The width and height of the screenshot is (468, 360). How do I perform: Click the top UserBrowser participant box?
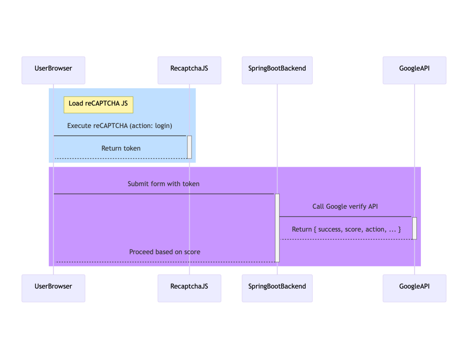pyautogui.click(x=53, y=70)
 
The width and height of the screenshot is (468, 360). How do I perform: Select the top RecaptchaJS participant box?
pyautogui.click(x=190, y=70)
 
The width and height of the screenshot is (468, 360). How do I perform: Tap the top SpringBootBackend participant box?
pyautogui.click(x=277, y=70)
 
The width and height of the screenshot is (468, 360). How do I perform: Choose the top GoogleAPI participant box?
pyautogui.click(x=415, y=70)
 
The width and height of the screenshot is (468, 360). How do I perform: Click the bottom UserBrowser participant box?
pyautogui.click(x=53, y=288)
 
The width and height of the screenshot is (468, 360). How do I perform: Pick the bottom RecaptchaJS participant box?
pyautogui.click(x=190, y=288)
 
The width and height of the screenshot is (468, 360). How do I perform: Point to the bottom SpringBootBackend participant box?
pyautogui.click(x=277, y=288)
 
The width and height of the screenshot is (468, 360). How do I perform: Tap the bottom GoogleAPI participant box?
pyautogui.click(x=415, y=288)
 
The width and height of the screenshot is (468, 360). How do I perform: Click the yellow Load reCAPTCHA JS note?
pyautogui.click(x=99, y=105)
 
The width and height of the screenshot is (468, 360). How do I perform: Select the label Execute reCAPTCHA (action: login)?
pyautogui.click(x=120, y=126)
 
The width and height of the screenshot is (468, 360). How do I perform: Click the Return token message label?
pyautogui.click(x=121, y=148)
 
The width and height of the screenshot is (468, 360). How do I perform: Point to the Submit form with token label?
pyautogui.click(x=164, y=184)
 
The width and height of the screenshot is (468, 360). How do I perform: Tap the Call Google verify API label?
pyautogui.click(x=345, y=206)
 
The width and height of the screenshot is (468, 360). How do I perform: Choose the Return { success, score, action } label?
pyautogui.click(x=346, y=229)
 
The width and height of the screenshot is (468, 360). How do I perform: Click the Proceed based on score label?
pyautogui.click(x=165, y=252)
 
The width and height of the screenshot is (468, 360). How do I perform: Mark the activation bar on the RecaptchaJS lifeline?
pyautogui.click(x=190, y=147)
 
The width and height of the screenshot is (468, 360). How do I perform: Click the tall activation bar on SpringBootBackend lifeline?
pyautogui.click(x=277, y=228)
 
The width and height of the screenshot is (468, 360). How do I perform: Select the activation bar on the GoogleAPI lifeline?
pyautogui.click(x=415, y=228)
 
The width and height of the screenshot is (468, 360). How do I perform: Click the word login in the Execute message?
pyautogui.click(x=163, y=126)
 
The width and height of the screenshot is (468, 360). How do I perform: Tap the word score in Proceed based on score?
pyautogui.click(x=192, y=252)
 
